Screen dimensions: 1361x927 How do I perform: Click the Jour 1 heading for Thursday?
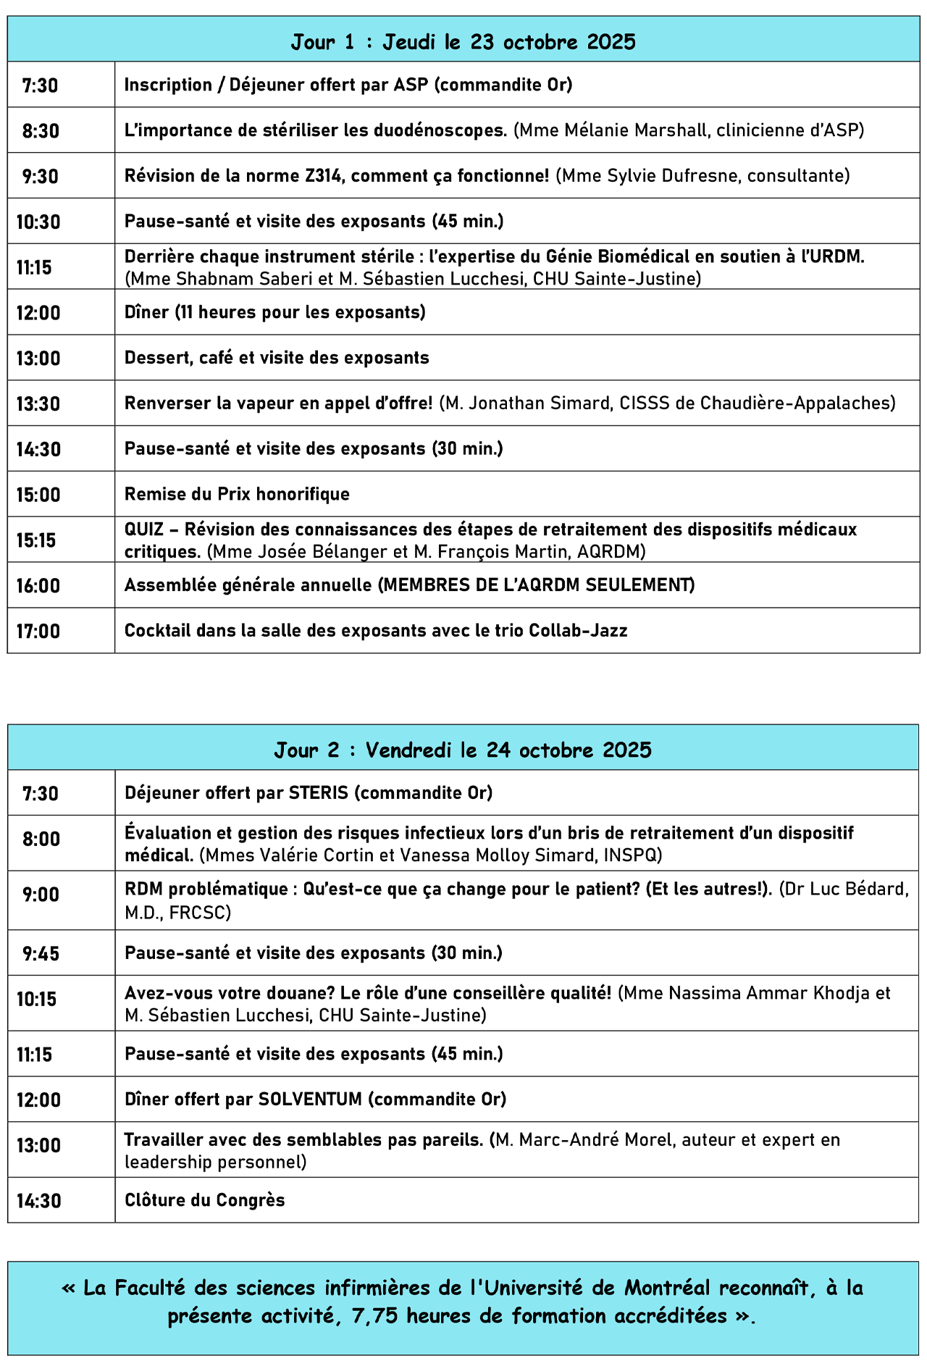463,41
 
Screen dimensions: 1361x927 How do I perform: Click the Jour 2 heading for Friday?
463,749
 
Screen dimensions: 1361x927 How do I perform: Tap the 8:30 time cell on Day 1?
41,131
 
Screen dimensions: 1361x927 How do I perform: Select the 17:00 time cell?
38,631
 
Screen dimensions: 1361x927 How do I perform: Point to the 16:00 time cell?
38,585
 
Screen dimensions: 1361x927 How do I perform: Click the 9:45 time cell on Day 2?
41,953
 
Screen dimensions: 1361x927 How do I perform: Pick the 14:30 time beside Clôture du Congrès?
39,1200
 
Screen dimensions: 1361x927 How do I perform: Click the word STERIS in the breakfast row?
318,792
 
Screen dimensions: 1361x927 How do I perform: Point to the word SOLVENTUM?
310,1099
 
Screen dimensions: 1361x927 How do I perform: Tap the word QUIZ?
144,529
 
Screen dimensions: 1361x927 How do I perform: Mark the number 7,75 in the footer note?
375,1316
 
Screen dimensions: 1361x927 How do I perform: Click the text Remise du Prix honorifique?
237,494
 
